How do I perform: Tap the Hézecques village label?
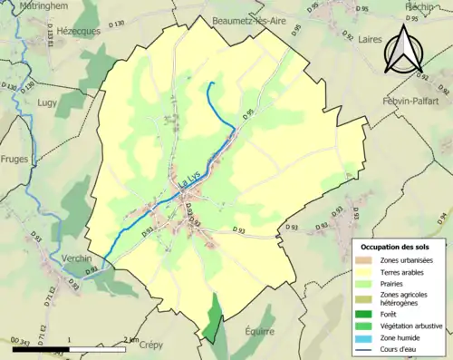click(x=79, y=30)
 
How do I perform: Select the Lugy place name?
click(x=46, y=102)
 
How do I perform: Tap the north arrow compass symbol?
click(x=401, y=49)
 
